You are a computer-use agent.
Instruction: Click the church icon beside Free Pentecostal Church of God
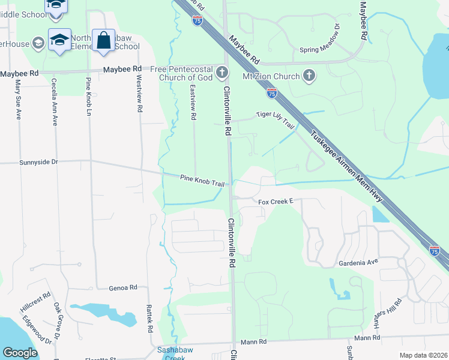click(222, 73)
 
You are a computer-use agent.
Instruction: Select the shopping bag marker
click(103, 40)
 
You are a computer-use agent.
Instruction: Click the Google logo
click(20, 353)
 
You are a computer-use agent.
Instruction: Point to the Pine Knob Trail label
click(202, 179)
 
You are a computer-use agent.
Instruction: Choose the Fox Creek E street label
click(275, 202)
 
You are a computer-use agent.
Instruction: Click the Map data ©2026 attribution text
click(423, 355)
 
